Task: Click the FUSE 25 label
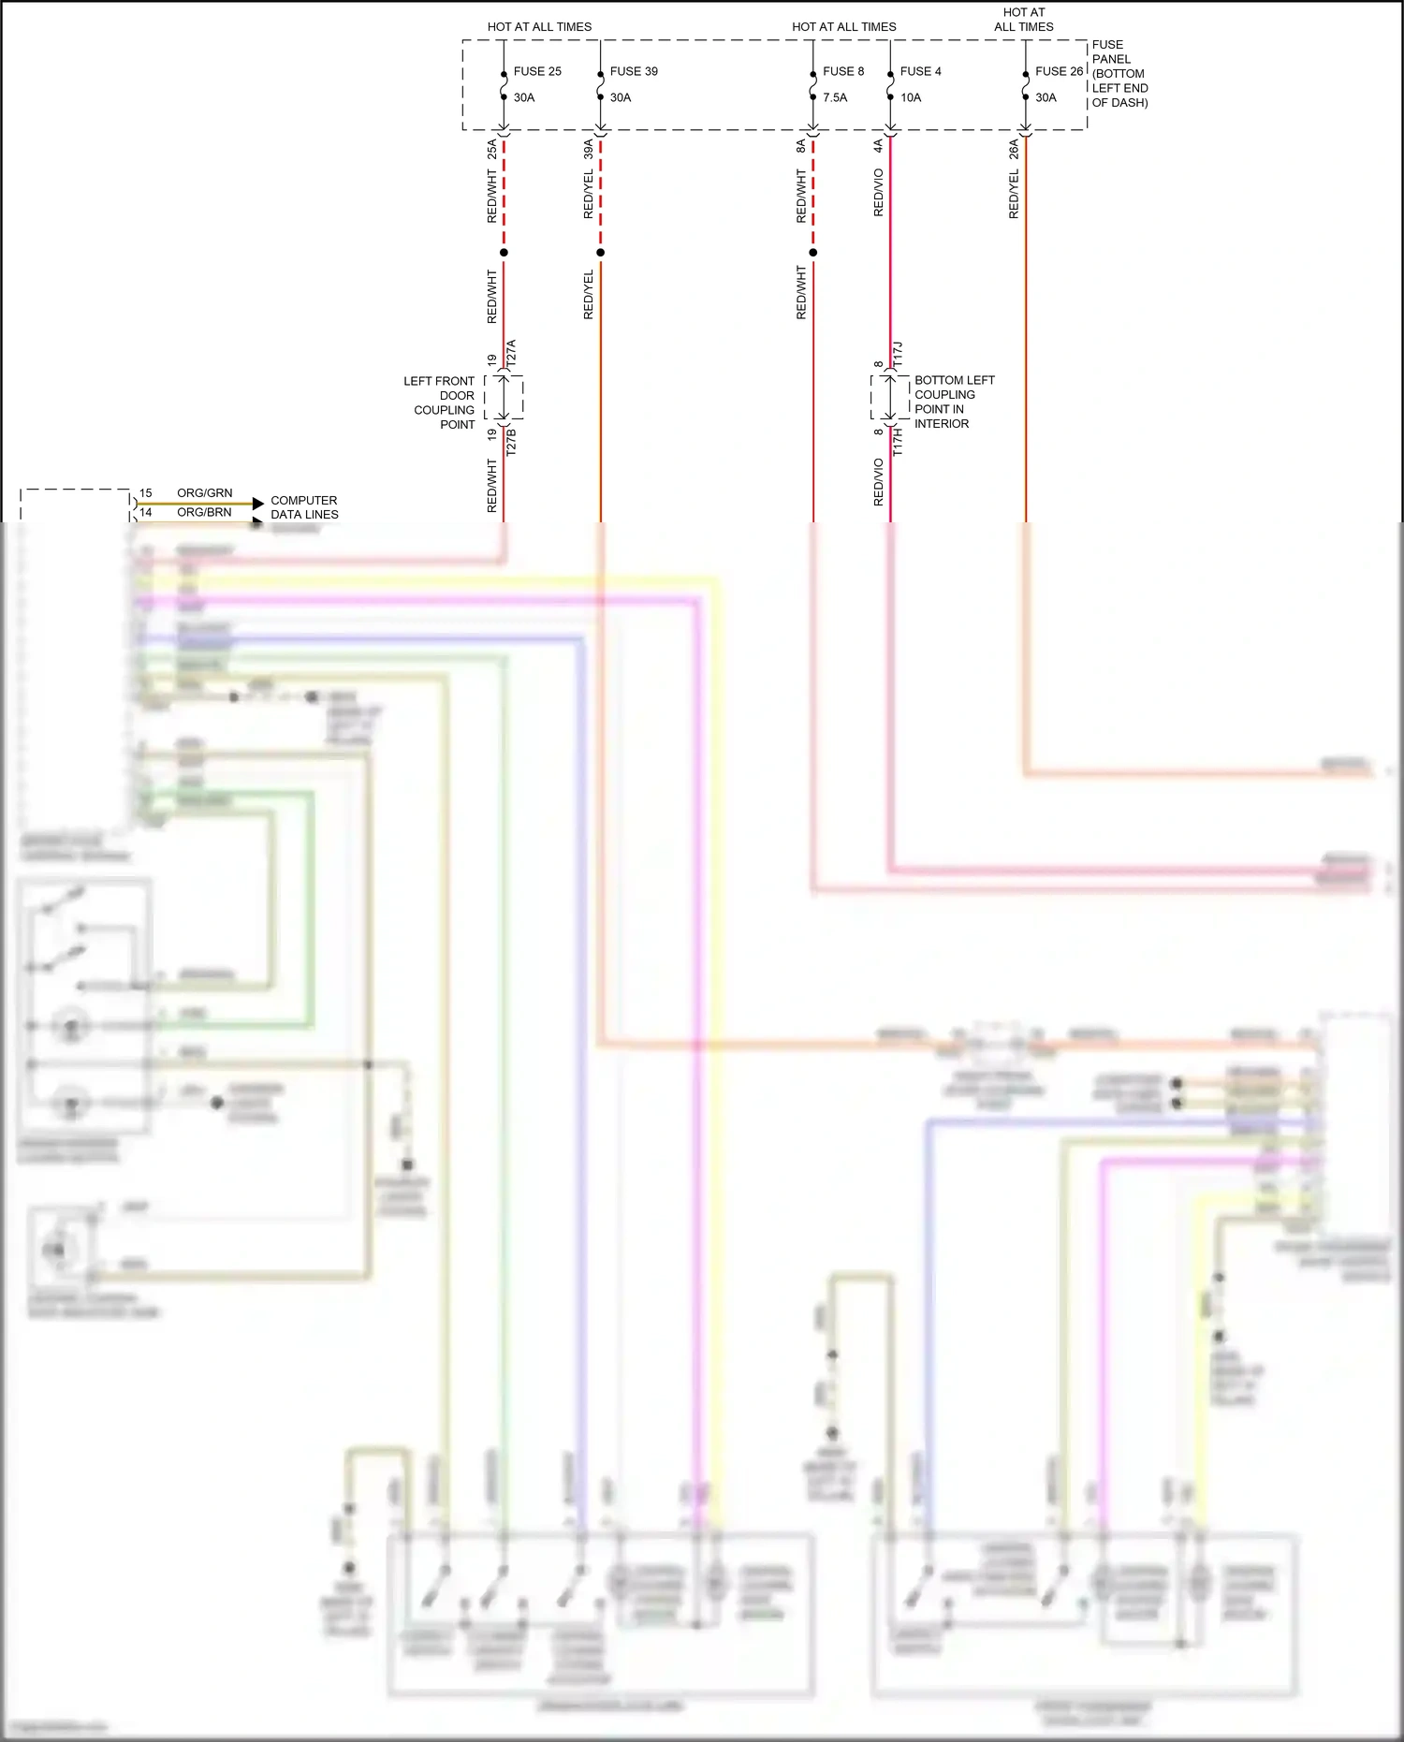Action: tap(537, 71)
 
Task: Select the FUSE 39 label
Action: tap(634, 71)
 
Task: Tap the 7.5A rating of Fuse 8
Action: tap(835, 97)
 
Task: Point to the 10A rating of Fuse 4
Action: tap(911, 97)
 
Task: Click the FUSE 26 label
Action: tap(1059, 71)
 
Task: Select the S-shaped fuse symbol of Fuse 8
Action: tap(813, 85)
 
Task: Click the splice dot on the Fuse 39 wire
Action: tap(601, 253)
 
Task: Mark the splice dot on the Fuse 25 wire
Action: tap(504, 253)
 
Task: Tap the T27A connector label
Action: tap(511, 353)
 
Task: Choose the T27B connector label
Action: tap(511, 442)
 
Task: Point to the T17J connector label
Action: tap(898, 354)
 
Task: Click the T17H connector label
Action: tap(898, 442)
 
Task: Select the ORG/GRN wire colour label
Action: tap(205, 493)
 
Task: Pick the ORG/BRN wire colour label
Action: tap(204, 512)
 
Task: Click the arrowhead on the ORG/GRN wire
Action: tap(258, 504)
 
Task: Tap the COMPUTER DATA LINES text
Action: tap(304, 507)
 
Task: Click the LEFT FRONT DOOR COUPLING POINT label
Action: tap(440, 403)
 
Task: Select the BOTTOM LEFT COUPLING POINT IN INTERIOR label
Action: tap(954, 402)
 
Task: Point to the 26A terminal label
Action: tap(1014, 149)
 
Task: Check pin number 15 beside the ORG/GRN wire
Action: tap(146, 493)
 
